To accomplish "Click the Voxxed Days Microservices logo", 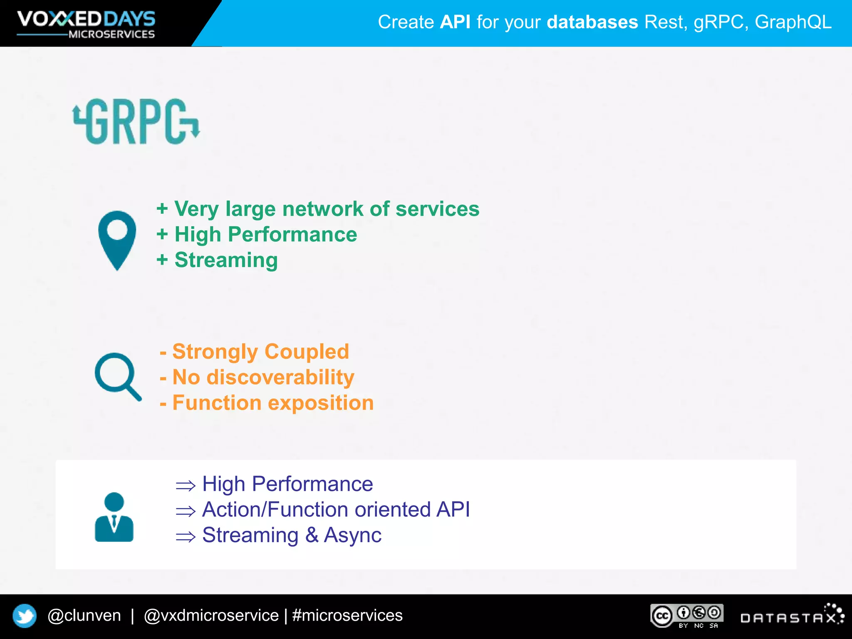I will (x=86, y=24).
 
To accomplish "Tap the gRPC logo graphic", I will (x=136, y=121).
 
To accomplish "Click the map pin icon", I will (x=117, y=239).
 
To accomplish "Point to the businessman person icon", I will (x=114, y=517).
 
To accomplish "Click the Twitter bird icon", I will (x=25, y=616).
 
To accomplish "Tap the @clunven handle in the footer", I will (x=84, y=615).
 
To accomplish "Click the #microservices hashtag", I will (x=347, y=615).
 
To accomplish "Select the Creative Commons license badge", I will (x=687, y=616).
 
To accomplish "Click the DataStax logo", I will (x=792, y=616).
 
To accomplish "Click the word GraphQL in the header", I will (x=793, y=22).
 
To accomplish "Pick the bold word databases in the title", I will (x=592, y=22).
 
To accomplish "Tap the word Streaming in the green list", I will (x=226, y=260).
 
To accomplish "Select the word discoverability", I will (x=280, y=377).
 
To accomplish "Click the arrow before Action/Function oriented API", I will (x=186, y=511).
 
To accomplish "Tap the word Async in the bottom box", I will (x=352, y=535).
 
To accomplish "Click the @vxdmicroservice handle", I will (x=211, y=615).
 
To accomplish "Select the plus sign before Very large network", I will (x=162, y=209).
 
